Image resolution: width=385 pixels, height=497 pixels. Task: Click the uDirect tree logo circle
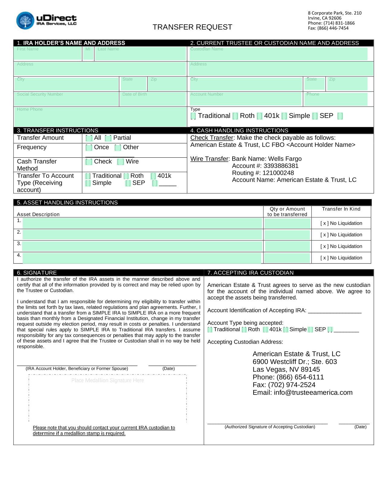[25, 21]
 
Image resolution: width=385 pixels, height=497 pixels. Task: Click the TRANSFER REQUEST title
[192, 27]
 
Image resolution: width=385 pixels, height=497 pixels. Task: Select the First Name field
[48, 53]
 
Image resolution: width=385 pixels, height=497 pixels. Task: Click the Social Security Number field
[66, 99]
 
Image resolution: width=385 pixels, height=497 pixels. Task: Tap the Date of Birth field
[152, 99]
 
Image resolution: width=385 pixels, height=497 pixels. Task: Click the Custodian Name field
[278, 53]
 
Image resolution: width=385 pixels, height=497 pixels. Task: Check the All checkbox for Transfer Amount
[89, 138]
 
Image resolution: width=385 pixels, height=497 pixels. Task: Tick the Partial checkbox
[108, 138]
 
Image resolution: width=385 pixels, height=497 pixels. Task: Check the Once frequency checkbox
[89, 148]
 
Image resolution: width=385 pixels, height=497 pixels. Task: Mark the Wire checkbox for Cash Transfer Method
[120, 162]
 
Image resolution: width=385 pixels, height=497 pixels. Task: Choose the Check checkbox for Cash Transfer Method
[89, 162]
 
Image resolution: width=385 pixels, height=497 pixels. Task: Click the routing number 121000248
[278, 173]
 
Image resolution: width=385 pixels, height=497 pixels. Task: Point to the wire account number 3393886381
[281, 166]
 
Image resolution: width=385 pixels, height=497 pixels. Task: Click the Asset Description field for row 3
[142, 246]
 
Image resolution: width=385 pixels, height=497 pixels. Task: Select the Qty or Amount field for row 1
[287, 223]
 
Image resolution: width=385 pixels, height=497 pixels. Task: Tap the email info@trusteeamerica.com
[313, 393]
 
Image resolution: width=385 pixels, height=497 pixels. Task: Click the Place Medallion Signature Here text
[107, 381]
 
